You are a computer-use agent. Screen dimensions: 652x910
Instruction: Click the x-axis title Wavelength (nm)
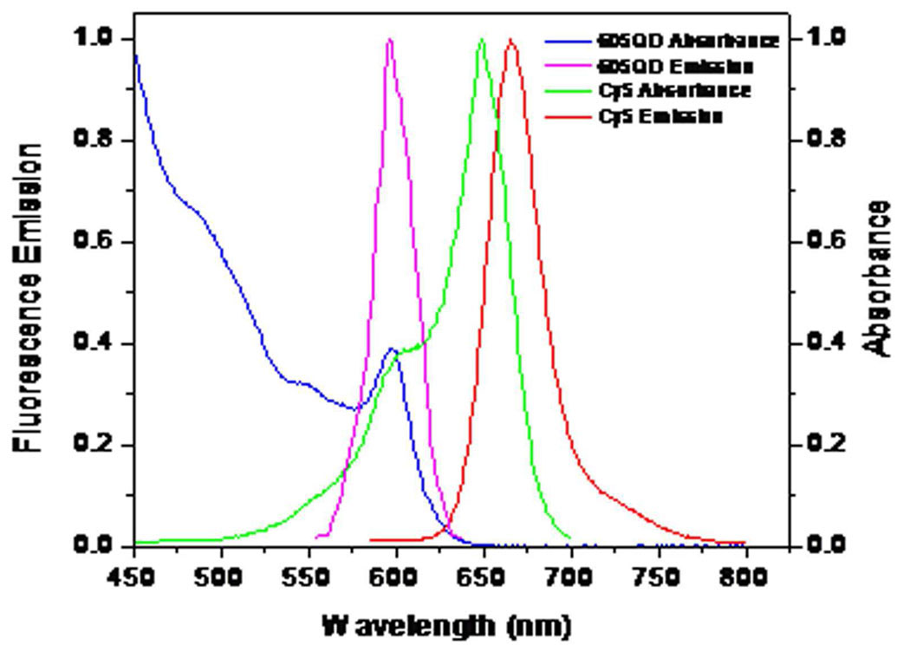click(x=446, y=624)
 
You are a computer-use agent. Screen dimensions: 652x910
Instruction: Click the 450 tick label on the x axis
click(x=134, y=576)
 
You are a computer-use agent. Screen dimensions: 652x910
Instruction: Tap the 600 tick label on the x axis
click(x=396, y=576)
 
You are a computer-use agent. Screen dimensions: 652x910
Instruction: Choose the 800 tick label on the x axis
click(x=745, y=576)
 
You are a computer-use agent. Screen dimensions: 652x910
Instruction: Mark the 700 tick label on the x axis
click(x=570, y=576)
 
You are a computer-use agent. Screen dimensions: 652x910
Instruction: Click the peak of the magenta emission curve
click(x=389, y=40)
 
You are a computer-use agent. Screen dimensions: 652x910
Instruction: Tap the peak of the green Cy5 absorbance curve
click(x=481, y=40)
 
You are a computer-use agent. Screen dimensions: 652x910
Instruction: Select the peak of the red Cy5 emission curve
click(x=510, y=40)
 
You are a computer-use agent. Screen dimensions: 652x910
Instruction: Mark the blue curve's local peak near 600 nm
click(x=392, y=349)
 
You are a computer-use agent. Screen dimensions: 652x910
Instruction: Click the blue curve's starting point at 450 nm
click(x=134, y=55)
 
